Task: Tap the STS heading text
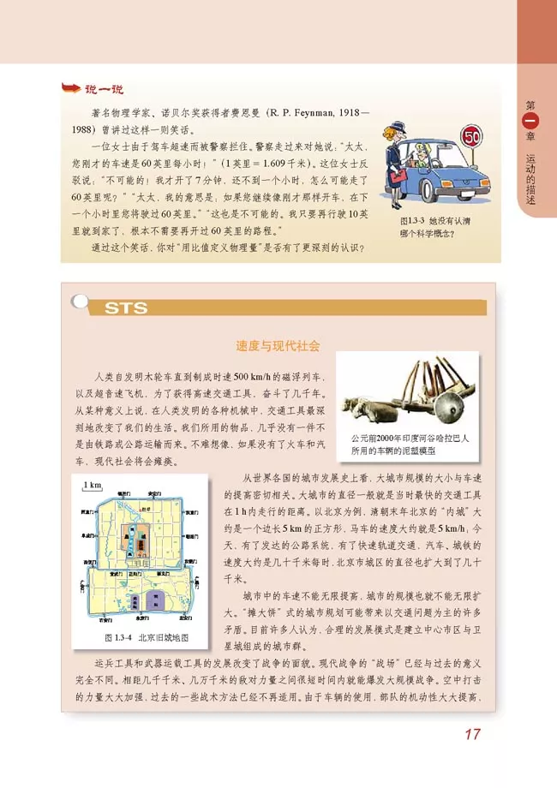[x=124, y=308]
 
